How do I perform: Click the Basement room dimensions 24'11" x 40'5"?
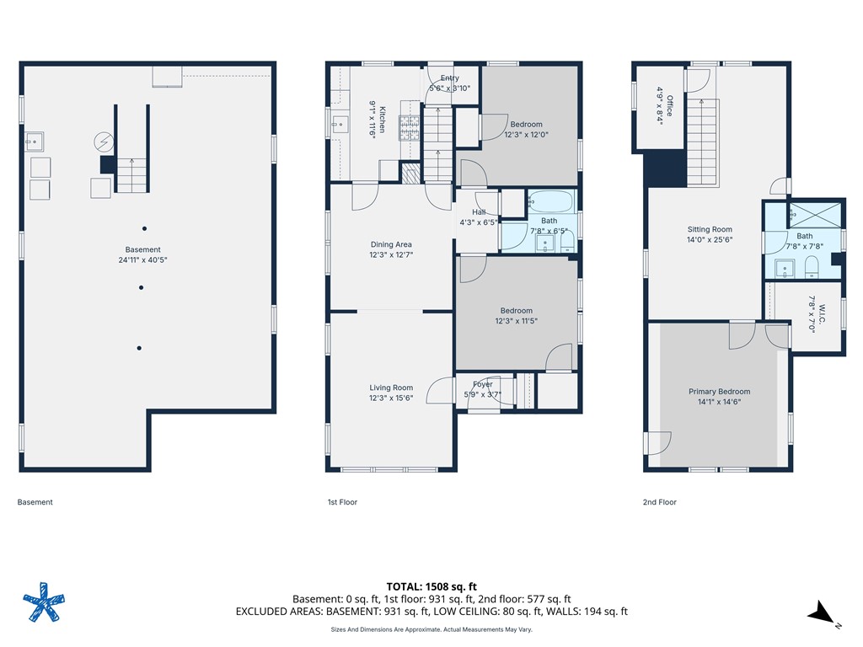pyautogui.click(x=142, y=259)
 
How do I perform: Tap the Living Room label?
pyautogui.click(x=391, y=388)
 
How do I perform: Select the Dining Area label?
pyautogui.click(x=391, y=244)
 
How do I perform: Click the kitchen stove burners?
pyautogui.click(x=410, y=128)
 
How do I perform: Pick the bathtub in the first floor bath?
pyautogui.click(x=551, y=202)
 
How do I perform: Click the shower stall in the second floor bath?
pyautogui.click(x=815, y=215)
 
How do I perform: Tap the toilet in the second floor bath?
pyautogui.click(x=812, y=267)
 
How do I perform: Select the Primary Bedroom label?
pyautogui.click(x=720, y=391)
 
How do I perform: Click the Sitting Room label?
pyautogui.click(x=710, y=229)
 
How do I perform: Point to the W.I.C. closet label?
pyautogui.click(x=822, y=314)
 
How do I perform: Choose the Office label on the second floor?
pyautogui.click(x=670, y=105)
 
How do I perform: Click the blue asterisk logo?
pyautogui.click(x=44, y=602)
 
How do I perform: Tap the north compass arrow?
pyautogui.click(x=821, y=612)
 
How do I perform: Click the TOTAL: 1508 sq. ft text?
pyautogui.click(x=431, y=586)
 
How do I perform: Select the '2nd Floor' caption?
pyautogui.click(x=659, y=502)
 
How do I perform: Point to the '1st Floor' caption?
pyautogui.click(x=342, y=502)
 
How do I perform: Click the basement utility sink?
pyautogui.click(x=34, y=142)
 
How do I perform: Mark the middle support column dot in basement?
pyautogui.click(x=142, y=288)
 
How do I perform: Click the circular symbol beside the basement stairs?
pyautogui.click(x=104, y=142)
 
